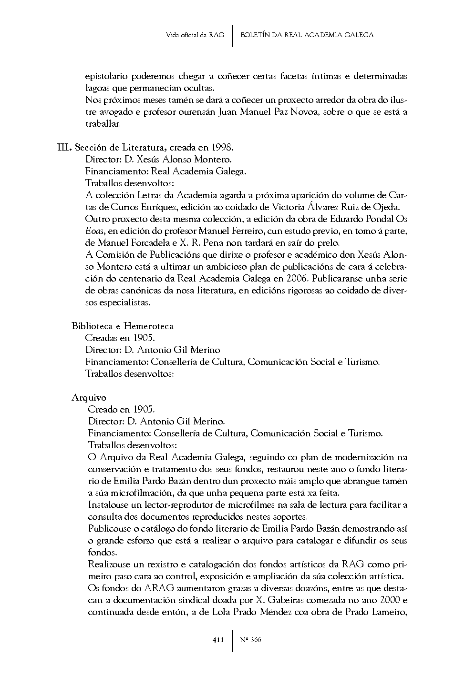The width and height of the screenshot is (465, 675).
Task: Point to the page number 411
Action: (218, 640)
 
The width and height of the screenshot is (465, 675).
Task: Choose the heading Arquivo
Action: (89, 398)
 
